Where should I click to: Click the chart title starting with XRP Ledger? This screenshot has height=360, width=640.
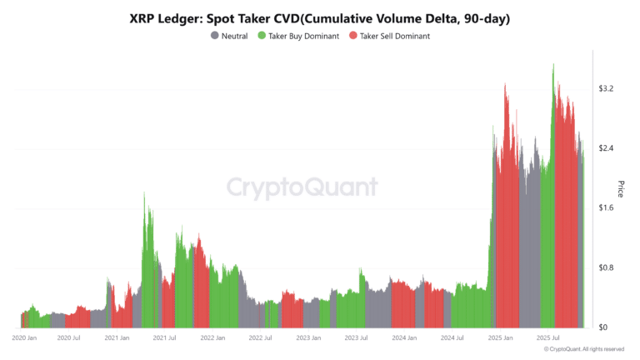tap(320, 17)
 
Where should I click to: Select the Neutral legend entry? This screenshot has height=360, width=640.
tap(234, 36)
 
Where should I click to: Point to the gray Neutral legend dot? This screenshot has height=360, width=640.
tap(215, 36)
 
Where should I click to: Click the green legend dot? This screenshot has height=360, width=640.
tap(261, 36)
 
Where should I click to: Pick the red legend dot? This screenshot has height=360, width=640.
tap(353, 36)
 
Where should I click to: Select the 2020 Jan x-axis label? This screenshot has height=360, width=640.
tap(24, 338)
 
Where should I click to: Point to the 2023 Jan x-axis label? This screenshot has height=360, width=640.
tap(308, 338)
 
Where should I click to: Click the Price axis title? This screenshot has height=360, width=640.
tap(621, 189)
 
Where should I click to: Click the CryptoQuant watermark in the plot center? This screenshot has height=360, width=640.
tap(302, 187)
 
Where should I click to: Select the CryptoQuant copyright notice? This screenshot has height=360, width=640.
tap(577, 349)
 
